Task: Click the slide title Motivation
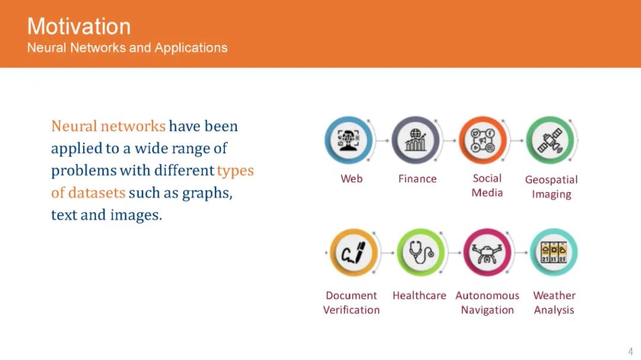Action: click(79, 27)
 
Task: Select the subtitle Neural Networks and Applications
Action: click(127, 48)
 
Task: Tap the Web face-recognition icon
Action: click(349, 140)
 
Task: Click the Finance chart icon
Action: click(415, 140)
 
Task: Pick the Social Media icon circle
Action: click(483, 140)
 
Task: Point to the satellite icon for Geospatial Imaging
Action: click(550, 140)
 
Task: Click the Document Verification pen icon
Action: click(354, 253)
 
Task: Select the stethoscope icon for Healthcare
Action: click(421, 253)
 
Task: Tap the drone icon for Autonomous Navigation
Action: click(487, 253)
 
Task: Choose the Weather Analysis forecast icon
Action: click(554, 253)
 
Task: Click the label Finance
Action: click(417, 179)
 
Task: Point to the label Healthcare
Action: click(420, 295)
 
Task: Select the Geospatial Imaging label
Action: click(551, 187)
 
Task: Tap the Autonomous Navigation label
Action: click(487, 303)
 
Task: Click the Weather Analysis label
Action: click(554, 303)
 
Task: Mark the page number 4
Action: click(630, 352)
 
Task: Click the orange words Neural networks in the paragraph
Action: click(109, 126)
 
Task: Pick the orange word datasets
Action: click(97, 193)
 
